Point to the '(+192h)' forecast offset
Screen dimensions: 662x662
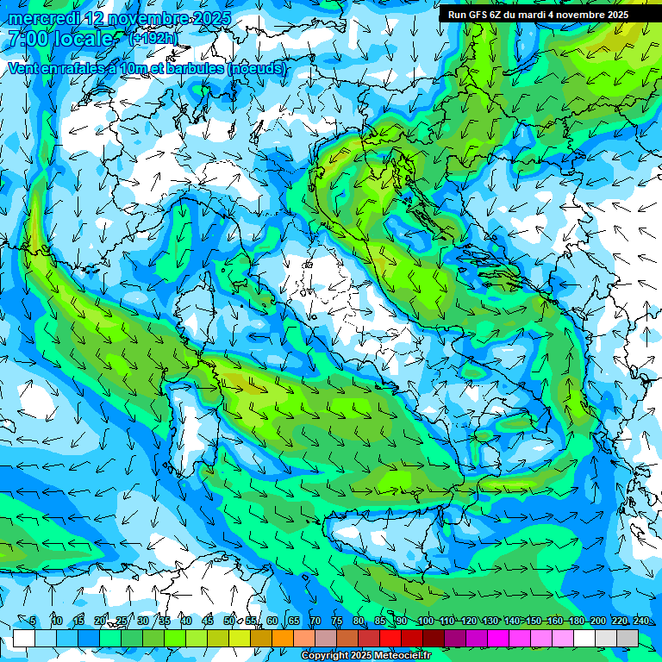(153, 39)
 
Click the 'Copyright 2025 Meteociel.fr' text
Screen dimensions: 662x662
(365, 656)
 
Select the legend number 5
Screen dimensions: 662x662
(33, 621)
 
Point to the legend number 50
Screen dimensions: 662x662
(229, 621)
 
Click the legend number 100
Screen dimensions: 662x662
(426, 621)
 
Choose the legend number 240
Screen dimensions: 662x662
(641, 621)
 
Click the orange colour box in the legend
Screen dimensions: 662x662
(283, 638)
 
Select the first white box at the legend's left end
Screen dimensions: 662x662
(24, 638)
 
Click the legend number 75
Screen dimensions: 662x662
(337, 621)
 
